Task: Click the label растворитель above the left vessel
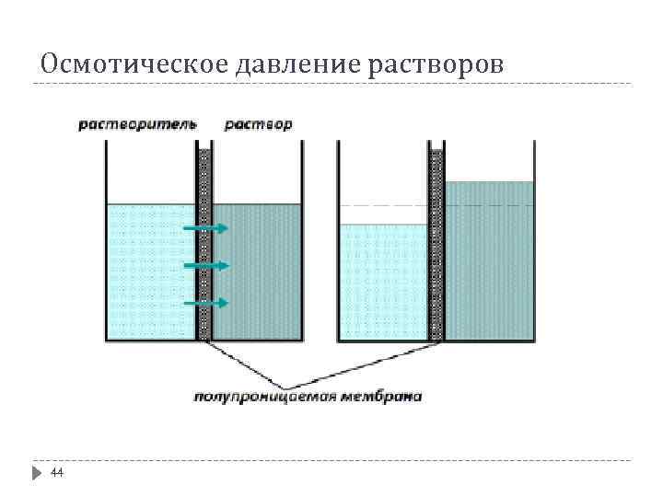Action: coord(136,124)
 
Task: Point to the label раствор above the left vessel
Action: coord(258,124)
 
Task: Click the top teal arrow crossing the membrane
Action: coord(205,228)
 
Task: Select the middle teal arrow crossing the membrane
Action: coord(205,266)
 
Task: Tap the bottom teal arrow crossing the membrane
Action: coord(205,303)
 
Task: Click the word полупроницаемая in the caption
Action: coord(266,398)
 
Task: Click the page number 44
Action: coord(57,472)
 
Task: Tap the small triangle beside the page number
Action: coord(36,472)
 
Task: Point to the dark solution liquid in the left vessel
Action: coord(258,272)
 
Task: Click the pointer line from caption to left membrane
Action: coord(244,364)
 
